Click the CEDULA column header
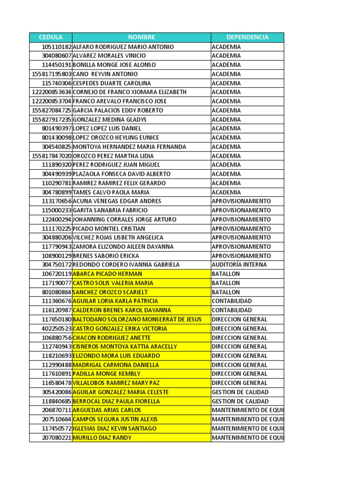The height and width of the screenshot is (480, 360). point(51,37)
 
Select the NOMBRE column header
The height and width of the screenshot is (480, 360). point(141,37)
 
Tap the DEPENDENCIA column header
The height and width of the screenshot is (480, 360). point(247,37)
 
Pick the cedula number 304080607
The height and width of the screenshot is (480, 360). point(56,56)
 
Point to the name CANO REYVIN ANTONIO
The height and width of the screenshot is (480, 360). point(105,74)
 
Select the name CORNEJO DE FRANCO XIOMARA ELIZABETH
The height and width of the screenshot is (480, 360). point(129,92)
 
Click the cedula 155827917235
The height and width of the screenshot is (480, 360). point(52,120)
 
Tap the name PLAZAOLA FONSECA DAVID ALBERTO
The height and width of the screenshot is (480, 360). point(122,174)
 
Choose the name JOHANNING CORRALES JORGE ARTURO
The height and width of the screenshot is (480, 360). point(125,219)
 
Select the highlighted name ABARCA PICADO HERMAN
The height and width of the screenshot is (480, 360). point(107,274)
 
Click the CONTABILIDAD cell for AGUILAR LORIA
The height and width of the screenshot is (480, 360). point(232,301)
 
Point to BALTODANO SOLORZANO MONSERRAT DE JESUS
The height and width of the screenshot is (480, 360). point(137,319)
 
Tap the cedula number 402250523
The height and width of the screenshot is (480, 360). point(56,329)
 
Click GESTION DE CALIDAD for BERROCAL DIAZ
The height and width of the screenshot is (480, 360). point(240,401)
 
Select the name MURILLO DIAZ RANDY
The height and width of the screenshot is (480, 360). point(102,438)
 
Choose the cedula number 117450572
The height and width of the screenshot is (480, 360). point(56,428)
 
